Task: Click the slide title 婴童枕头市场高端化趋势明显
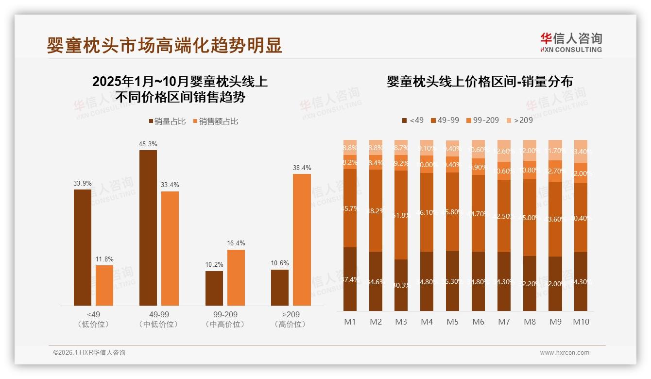coord(164,46)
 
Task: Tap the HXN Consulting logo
coord(571,43)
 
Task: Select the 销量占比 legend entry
coord(167,121)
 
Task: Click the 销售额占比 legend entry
coord(216,121)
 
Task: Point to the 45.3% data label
coord(148,144)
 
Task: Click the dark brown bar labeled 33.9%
coord(82,247)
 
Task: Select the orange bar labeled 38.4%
coord(302,240)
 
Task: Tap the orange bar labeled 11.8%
coord(104,285)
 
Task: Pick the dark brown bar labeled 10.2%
coord(214,288)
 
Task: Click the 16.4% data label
coord(236,243)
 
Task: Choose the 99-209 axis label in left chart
coord(225,315)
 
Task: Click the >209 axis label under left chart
coord(291,315)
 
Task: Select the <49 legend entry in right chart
coord(412,120)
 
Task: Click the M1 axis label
coord(350,322)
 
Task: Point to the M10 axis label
coord(581,322)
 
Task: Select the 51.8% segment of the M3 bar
coord(401,215)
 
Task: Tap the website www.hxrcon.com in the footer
coord(564,353)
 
